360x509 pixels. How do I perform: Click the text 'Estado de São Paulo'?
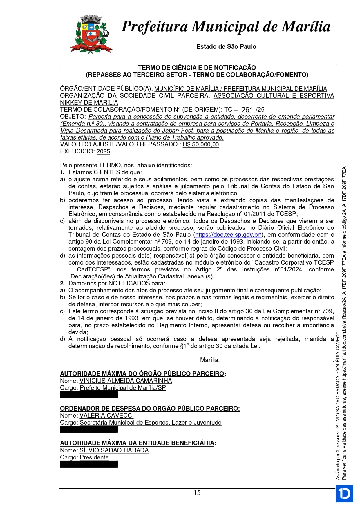(x=226, y=47)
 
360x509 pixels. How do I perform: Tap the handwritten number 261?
(x=247, y=110)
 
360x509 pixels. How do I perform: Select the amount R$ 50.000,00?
(x=201, y=144)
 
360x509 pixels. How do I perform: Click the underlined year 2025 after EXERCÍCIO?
(x=103, y=151)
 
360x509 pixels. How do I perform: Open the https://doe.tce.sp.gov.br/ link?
(x=228, y=235)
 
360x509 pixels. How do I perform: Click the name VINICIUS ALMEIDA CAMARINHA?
(x=126, y=381)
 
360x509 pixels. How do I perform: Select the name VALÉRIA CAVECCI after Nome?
(x=106, y=416)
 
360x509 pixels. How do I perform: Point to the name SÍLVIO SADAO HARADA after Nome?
(x=114, y=450)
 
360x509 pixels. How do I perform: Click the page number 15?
(x=197, y=493)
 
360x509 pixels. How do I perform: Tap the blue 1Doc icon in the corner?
(x=344, y=493)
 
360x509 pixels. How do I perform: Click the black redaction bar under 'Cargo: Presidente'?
(x=89, y=464)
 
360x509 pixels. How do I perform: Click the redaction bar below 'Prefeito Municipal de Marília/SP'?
(x=89, y=394)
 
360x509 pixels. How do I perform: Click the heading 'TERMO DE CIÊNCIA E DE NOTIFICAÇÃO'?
(x=197, y=68)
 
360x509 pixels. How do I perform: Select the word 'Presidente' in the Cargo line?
(x=94, y=457)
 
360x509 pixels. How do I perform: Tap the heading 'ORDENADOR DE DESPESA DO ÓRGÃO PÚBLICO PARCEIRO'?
(x=150, y=409)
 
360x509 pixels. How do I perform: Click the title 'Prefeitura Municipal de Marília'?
(x=226, y=26)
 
